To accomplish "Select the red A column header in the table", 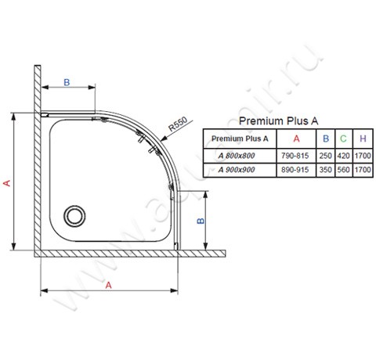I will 295,139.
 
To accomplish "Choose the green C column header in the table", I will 343,139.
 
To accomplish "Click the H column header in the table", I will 361,139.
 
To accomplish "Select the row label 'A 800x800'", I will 239,155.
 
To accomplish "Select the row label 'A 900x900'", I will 239,169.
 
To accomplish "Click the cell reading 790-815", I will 295,155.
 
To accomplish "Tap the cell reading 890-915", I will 295,169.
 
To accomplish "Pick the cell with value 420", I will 343,155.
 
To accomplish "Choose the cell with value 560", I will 343,169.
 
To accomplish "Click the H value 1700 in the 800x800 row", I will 361,155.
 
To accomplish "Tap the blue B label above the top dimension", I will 67,81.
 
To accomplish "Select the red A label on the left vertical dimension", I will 7,182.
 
